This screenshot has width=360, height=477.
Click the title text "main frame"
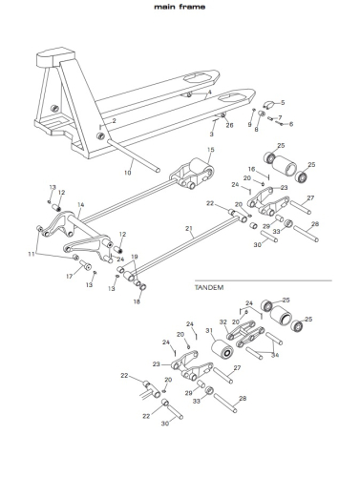tap(180, 7)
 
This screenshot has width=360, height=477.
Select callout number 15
tap(211, 150)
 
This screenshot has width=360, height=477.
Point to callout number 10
tap(128, 173)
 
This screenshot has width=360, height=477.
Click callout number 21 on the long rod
tap(189, 228)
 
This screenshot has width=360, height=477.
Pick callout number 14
tap(81, 205)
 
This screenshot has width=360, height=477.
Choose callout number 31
tap(209, 331)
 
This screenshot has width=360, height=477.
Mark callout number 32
tap(223, 322)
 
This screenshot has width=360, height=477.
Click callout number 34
tap(275, 355)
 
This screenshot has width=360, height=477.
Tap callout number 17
tap(70, 277)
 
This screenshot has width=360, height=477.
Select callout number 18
tap(137, 301)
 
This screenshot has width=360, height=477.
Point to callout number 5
tap(283, 102)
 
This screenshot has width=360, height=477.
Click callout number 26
tap(229, 125)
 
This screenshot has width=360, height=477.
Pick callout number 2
tap(114, 121)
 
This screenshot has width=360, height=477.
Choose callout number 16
tap(251, 169)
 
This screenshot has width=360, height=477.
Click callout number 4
tap(209, 93)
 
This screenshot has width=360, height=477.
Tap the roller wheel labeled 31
tap(222, 349)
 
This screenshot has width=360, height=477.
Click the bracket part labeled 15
tap(192, 174)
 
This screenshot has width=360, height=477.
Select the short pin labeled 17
tap(85, 264)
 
